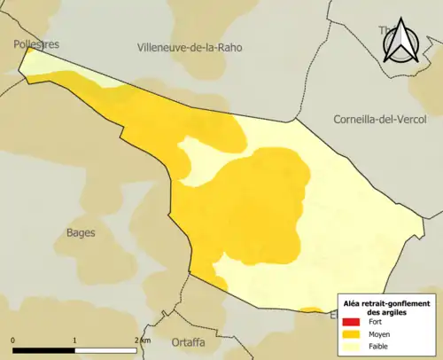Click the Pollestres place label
click(36, 43)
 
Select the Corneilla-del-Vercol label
click(380, 120)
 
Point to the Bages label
click(81, 232)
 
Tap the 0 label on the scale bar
click(13, 340)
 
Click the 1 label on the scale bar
click(74, 340)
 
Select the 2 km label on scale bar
click(142, 340)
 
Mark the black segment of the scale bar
click(43, 350)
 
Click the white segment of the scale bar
click(105, 350)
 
